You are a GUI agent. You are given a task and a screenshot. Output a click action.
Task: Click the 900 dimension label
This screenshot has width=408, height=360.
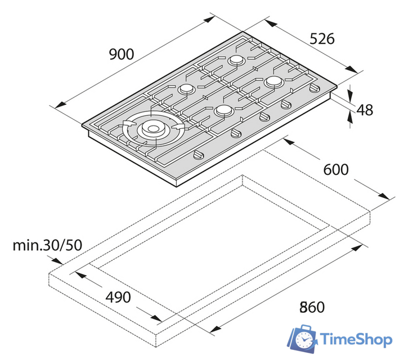coord(122,54)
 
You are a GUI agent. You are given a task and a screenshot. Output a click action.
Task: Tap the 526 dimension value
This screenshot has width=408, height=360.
coord(322,39)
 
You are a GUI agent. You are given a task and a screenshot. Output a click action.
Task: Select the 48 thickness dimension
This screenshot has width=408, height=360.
coord(365,110)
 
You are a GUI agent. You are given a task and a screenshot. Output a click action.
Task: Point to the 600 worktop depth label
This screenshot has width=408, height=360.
coord(335,170)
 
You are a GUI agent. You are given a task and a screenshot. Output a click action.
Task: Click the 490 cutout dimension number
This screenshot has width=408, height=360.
coord(118,297)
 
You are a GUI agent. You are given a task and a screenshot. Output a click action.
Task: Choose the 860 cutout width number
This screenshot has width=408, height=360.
coord(312,307)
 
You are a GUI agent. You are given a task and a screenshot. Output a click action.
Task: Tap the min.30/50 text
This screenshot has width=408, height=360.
coord(47,245)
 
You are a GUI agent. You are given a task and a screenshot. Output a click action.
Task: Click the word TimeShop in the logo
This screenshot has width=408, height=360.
coord(356,339)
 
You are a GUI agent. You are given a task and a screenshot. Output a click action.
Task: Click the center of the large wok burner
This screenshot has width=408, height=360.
coord(153,128)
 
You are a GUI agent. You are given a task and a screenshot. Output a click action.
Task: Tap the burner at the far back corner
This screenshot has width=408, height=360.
coord(236,60)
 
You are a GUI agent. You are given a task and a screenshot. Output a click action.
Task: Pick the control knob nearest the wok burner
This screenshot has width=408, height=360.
coord(198,155)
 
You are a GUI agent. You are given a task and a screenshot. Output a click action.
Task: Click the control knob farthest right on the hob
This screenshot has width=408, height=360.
coord(315,88)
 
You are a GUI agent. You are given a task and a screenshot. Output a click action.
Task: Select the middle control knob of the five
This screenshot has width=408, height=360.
coord(265,116)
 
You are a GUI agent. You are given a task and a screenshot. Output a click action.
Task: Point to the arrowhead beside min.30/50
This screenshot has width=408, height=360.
coord(57,261)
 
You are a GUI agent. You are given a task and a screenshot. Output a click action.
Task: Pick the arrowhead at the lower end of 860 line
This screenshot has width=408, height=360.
coord(216,329)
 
